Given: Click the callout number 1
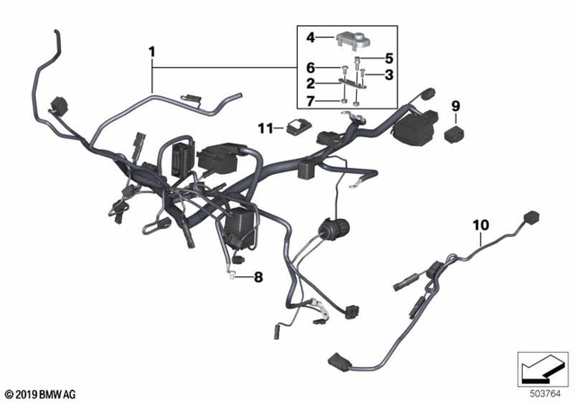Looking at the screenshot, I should [153, 52].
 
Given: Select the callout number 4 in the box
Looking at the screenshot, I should [311, 38].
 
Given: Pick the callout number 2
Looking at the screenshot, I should [311, 83].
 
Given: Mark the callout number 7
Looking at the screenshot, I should [311, 100].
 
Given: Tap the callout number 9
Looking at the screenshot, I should [455, 106].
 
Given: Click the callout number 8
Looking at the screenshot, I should [259, 277].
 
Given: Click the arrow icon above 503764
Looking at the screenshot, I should [542, 365].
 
